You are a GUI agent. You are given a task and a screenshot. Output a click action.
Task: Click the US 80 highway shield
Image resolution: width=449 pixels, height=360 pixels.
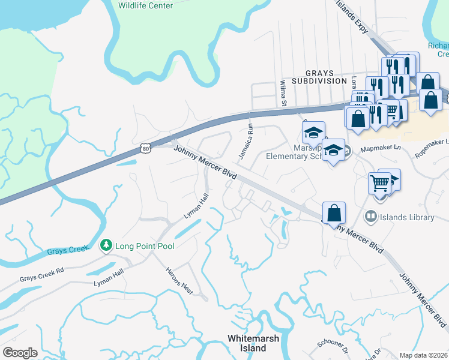pos(146,147)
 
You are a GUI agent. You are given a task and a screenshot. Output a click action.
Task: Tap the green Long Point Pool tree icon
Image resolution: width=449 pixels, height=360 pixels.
pos(106,245)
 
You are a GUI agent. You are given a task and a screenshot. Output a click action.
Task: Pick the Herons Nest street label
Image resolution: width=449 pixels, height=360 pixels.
pos(179,280)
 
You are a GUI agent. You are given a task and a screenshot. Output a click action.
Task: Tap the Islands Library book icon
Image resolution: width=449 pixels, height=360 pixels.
pos(370,217)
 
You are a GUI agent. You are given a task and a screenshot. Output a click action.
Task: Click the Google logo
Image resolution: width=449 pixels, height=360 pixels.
pos(20,353)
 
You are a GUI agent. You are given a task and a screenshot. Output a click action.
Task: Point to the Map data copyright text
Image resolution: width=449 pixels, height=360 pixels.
pos(423,355)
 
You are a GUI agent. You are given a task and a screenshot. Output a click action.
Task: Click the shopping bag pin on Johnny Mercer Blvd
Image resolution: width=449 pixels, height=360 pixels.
pos(334,213)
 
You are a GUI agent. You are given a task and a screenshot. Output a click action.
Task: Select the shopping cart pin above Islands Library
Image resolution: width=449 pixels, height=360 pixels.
pos(380,182)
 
